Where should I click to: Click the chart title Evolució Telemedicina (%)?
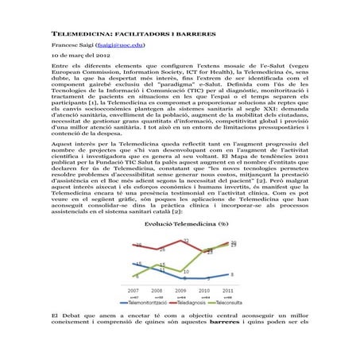tap(180, 225)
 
